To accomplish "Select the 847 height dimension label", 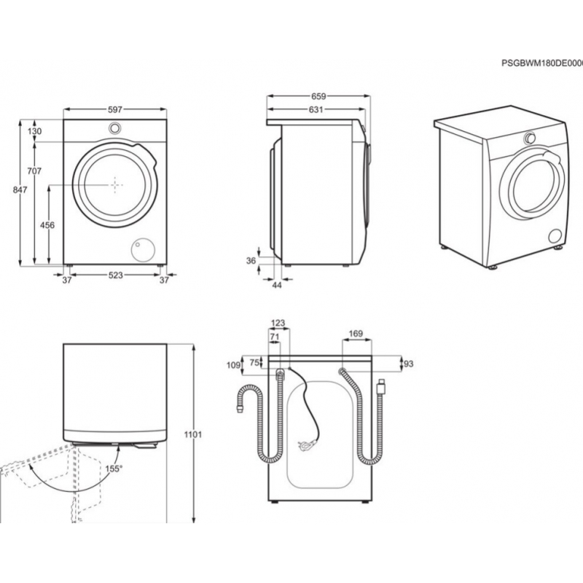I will coord(20,190).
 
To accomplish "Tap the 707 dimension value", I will coord(34,171).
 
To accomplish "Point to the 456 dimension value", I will coord(47,225).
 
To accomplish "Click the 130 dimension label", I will coord(35,131).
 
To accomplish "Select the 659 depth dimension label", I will coord(318,96).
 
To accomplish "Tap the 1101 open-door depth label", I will coord(193,435).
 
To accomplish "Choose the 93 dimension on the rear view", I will coord(408,364).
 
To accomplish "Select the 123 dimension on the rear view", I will coord(278,322).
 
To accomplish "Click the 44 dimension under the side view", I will coord(277,284).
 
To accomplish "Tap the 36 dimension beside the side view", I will coord(251,260).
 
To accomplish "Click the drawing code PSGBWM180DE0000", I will coord(541,63).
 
